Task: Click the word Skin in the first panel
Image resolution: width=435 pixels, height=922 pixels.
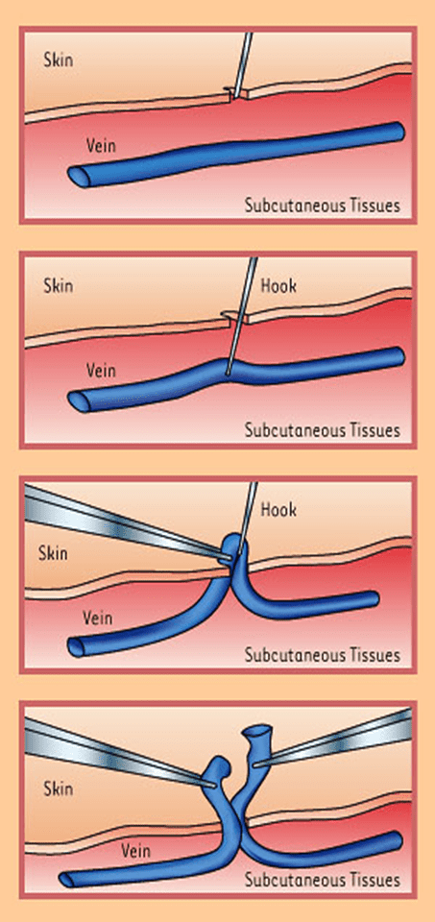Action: coord(59,60)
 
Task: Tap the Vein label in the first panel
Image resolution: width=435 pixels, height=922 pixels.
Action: coord(101,145)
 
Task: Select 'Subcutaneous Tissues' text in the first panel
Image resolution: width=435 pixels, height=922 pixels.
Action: coord(322,206)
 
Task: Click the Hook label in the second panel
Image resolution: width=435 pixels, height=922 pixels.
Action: coord(278,286)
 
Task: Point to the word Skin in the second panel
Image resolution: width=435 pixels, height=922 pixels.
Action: coord(59,286)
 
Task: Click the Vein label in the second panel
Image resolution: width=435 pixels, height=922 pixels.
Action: coord(101,371)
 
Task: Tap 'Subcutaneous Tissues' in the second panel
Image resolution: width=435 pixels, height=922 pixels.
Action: coord(322,430)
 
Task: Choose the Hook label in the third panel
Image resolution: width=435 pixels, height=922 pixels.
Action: coord(278,509)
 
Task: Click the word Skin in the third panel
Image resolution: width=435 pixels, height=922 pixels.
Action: coord(54,553)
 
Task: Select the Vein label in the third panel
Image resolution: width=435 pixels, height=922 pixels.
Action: coord(98,618)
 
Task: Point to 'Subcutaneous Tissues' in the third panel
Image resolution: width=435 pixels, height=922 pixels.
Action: coord(322,654)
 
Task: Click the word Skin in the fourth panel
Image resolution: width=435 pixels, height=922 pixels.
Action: coord(59,789)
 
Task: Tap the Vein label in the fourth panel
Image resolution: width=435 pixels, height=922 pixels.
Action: coord(135,850)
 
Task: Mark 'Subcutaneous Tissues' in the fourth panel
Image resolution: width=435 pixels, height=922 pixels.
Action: coord(322,880)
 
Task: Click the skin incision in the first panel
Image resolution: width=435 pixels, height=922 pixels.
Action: coord(235,93)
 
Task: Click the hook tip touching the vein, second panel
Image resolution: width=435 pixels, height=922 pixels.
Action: coord(227,371)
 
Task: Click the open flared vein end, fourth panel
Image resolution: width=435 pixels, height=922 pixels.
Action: coord(257,732)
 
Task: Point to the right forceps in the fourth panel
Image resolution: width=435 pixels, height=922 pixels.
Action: coord(335,740)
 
